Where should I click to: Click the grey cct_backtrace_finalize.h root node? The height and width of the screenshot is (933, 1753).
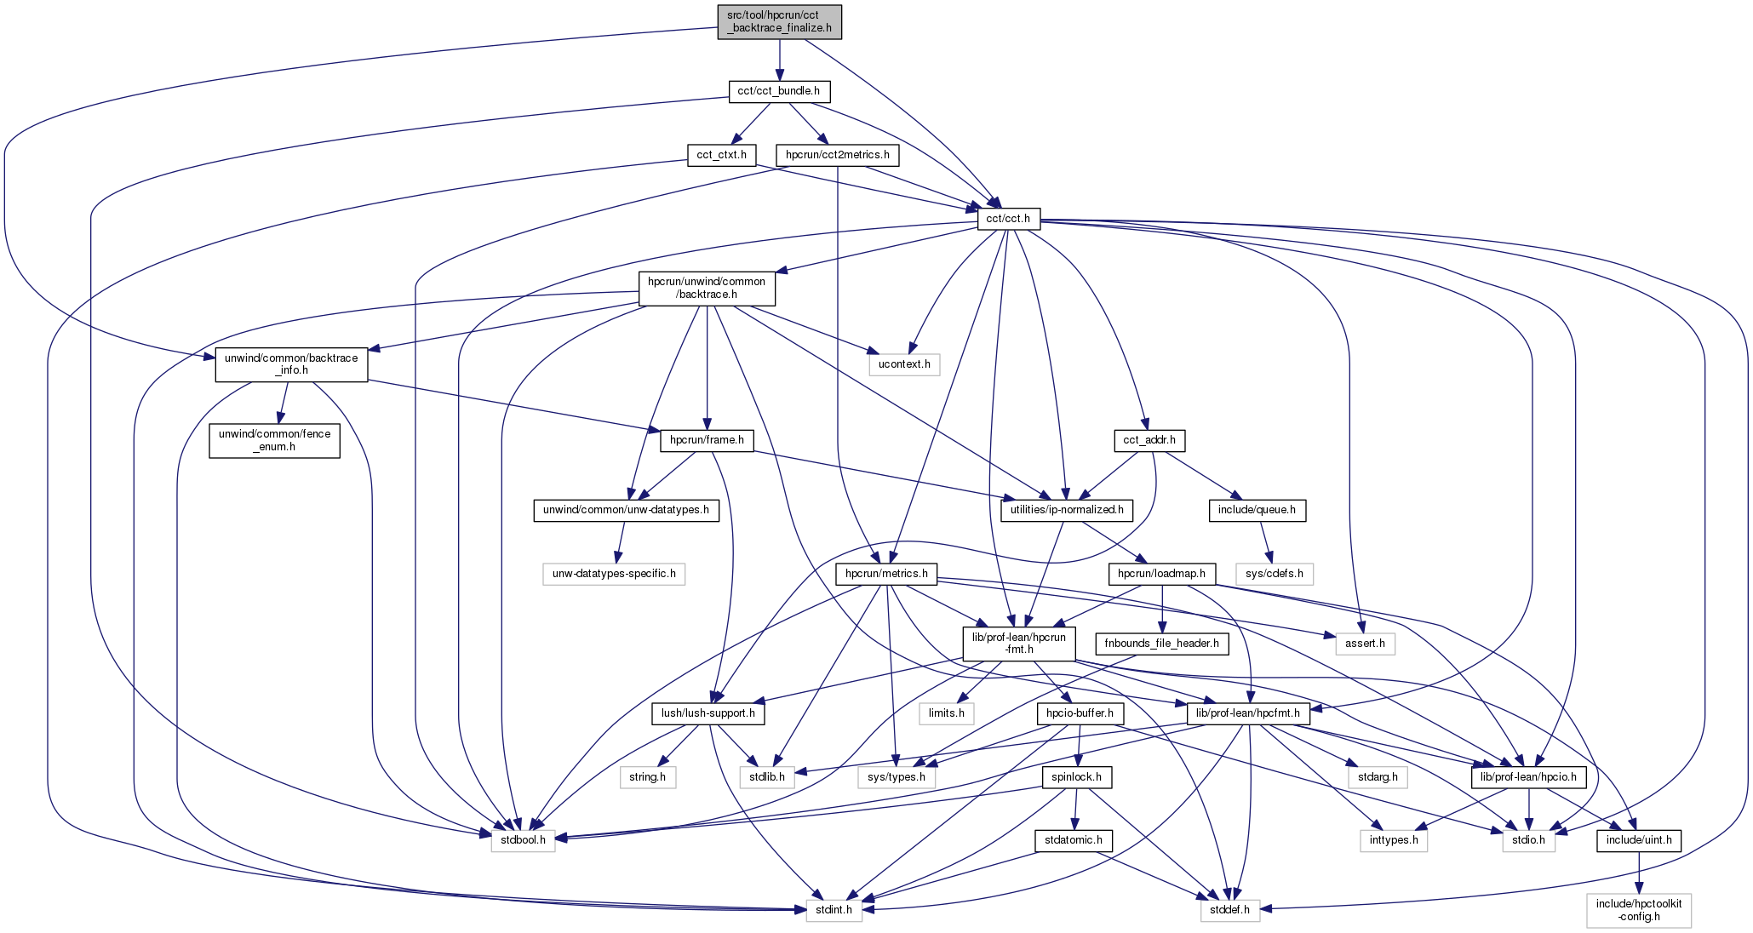[x=779, y=21]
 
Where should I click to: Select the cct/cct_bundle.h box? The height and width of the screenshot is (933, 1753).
[x=778, y=91]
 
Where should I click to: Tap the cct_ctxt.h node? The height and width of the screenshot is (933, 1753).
[x=721, y=155]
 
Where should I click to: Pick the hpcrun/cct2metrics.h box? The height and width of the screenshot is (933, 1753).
[x=837, y=155]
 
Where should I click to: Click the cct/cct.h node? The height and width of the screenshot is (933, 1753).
[x=1007, y=219]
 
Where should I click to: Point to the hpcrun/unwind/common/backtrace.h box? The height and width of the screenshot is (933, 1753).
[x=707, y=288]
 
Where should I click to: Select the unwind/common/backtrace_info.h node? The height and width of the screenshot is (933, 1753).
[x=291, y=364]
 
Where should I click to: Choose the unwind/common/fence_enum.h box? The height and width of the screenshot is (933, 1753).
[x=274, y=440]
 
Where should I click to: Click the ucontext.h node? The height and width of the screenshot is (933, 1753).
[x=904, y=365]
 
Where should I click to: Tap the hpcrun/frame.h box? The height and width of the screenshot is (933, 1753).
[x=707, y=440]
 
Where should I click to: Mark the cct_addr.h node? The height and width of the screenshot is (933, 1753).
[x=1149, y=440]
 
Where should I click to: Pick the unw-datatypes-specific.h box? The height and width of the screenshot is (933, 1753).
[x=614, y=574]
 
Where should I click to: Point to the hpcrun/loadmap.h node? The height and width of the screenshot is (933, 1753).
[x=1161, y=574]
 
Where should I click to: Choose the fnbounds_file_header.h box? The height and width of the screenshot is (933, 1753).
[x=1161, y=644]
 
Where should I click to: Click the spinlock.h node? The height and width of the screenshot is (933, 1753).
[x=1076, y=777]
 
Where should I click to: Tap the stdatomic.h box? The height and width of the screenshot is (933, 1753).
[x=1074, y=841]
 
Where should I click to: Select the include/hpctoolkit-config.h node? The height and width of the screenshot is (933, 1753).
[x=1638, y=910]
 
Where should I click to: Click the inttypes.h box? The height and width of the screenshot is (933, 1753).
[x=1393, y=841]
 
